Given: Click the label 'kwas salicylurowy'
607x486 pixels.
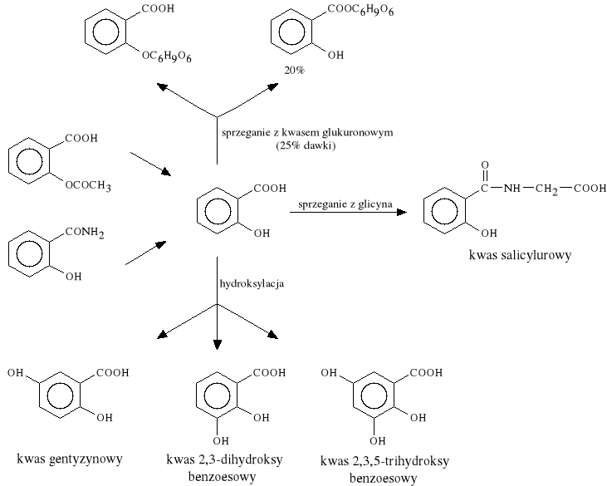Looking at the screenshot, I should click(x=520, y=257).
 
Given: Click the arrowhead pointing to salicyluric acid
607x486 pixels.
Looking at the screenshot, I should click(x=402, y=213).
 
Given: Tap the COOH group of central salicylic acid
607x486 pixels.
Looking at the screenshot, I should click(x=272, y=189).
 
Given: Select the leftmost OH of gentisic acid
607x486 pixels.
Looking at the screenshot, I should click(x=15, y=374).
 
